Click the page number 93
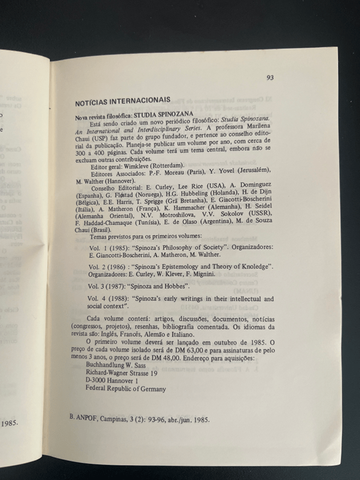coord(270,77)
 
